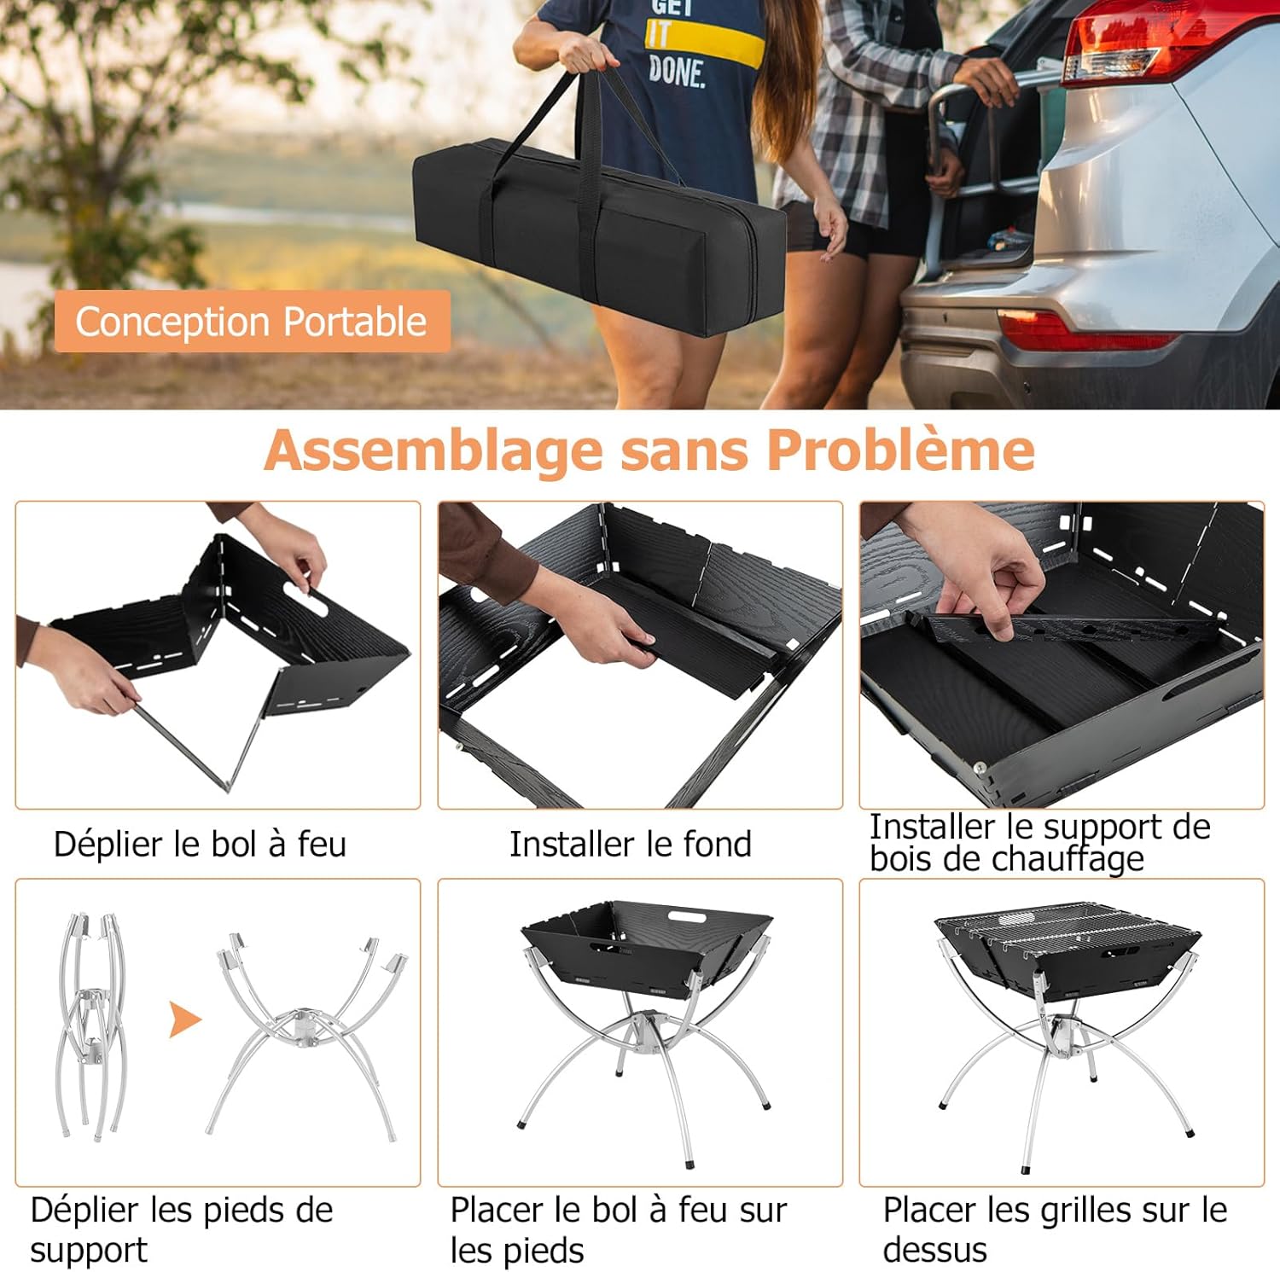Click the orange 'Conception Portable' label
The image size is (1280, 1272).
(252, 322)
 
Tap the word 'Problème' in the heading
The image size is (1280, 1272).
(900, 450)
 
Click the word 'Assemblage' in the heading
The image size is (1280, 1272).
(433, 451)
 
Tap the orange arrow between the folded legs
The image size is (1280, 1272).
(184, 1019)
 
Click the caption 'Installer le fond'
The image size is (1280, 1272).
(631, 844)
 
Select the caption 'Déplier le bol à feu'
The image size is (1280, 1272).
(201, 844)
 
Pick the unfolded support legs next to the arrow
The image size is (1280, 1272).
(305, 1037)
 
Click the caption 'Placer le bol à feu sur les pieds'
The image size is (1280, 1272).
(618, 1230)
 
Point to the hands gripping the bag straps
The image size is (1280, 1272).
(589, 55)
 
